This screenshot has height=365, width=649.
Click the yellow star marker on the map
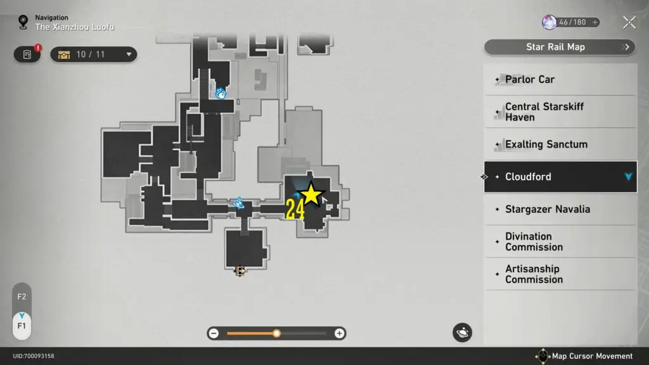pyautogui.click(x=311, y=195)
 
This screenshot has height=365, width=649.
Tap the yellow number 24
pyautogui.click(x=295, y=210)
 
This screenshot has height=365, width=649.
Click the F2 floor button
pyautogui.click(x=22, y=297)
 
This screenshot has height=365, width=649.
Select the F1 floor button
pyautogui.click(x=22, y=326)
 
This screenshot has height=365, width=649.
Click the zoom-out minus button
pyautogui.click(x=214, y=333)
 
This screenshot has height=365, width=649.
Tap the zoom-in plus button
pyautogui.click(x=340, y=333)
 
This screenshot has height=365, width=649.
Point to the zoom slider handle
pyautogui.click(x=276, y=333)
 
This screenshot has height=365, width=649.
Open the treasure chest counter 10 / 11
pyautogui.click(x=94, y=54)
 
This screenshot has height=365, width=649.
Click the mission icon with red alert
pyautogui.click(x=27, y=54)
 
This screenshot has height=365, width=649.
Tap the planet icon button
pyautogui.click(x=462, y=332)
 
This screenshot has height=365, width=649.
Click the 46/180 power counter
pyautogui.click(x=571, y=22)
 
